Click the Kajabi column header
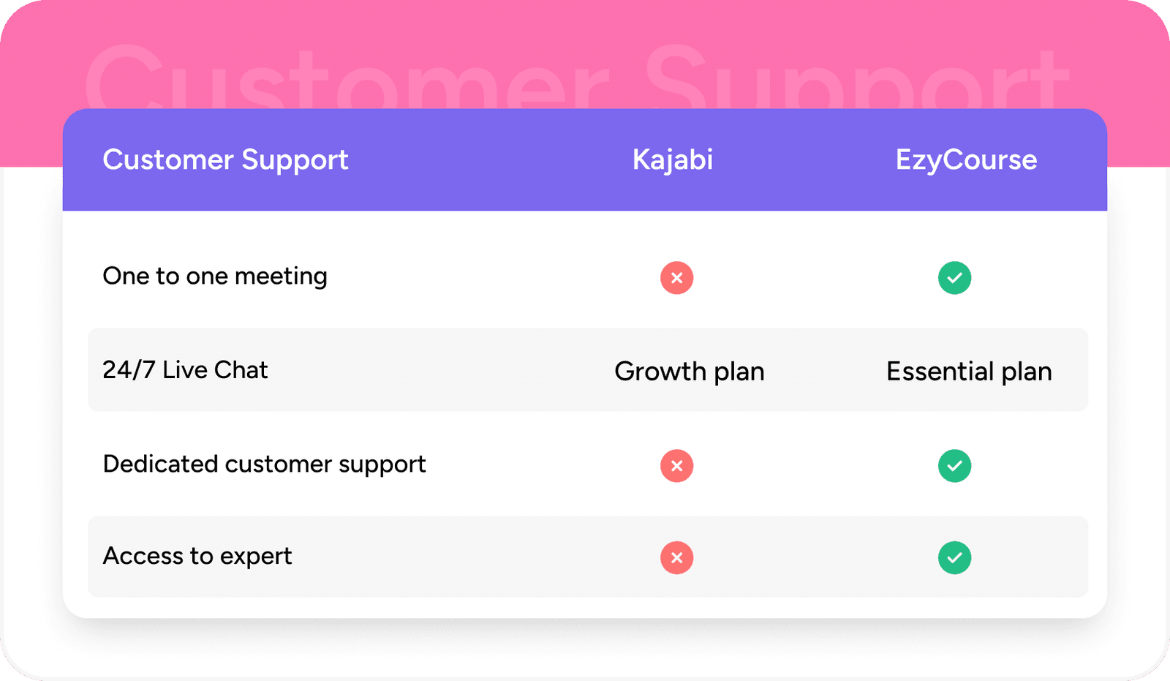[x=672, y=160]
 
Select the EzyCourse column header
[x=966, y=160]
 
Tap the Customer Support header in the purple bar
[x=225, y=160]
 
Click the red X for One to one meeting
[x=676, y=278]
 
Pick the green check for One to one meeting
[x=954, y=278]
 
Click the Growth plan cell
[x=689, y=372]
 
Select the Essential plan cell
[x=969, y=372]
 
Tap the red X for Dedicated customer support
[x=676, y=466]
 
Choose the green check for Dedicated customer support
[x=954, y=466]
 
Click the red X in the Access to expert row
[x=676, y=557]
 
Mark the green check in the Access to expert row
[x=954, y=557]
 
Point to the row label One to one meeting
[x=215, y=276]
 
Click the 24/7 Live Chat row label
[x=185, y=370]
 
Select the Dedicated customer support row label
[x=264, y=464]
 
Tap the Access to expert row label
[x=197, y=557]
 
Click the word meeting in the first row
[x=281, y=277]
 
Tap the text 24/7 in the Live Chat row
[x=129, y=370]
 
